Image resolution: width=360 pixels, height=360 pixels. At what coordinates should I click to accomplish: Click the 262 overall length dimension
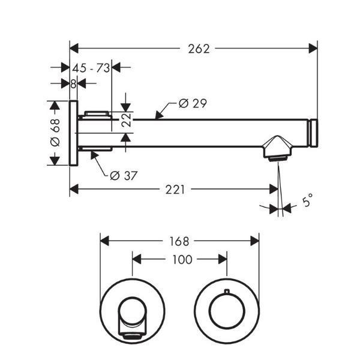(199, 49)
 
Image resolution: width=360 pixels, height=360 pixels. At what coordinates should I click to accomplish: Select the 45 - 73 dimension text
(91, 68)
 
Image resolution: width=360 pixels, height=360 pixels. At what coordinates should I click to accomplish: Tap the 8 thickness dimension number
(73, 84)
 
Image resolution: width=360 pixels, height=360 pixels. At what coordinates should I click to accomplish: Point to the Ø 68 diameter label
(55, 133)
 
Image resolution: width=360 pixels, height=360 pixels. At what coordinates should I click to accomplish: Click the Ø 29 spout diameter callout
(193, 103)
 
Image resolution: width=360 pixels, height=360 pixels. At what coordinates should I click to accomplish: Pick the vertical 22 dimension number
(127, 119)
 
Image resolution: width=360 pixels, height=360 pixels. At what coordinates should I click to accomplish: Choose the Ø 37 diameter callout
(124, 176)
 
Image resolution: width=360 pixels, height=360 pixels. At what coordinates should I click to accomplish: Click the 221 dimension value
(175, 190)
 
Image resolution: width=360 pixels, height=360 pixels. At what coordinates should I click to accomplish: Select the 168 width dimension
(179, 242)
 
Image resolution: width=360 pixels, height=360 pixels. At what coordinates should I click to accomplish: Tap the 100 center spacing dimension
(182, 260)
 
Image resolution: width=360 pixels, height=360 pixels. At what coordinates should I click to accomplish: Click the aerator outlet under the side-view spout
(278, 158)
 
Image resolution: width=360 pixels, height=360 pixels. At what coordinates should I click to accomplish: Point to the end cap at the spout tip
(313, 133)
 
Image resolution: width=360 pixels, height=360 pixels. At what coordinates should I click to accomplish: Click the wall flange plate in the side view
(73, 133)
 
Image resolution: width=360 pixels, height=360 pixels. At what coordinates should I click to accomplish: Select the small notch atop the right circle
(227, 291)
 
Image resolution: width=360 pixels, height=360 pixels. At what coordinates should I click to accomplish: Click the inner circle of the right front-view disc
(227, 311)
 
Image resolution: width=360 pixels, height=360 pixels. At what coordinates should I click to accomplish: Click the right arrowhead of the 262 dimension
(313, 49)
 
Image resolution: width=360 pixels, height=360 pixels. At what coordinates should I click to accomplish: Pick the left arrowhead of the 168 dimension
(104, 241)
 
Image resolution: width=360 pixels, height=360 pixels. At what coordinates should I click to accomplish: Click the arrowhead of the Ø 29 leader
(160, 115)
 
